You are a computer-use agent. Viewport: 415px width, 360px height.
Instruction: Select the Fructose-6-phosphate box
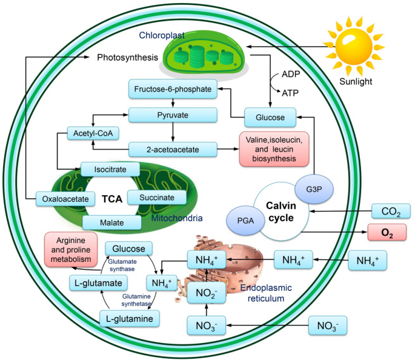point(170,90)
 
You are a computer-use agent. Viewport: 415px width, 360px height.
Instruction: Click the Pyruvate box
point(173,114)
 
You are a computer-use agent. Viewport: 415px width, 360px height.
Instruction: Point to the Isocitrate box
point(110,169)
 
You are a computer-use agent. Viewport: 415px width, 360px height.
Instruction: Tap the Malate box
point(111,222)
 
